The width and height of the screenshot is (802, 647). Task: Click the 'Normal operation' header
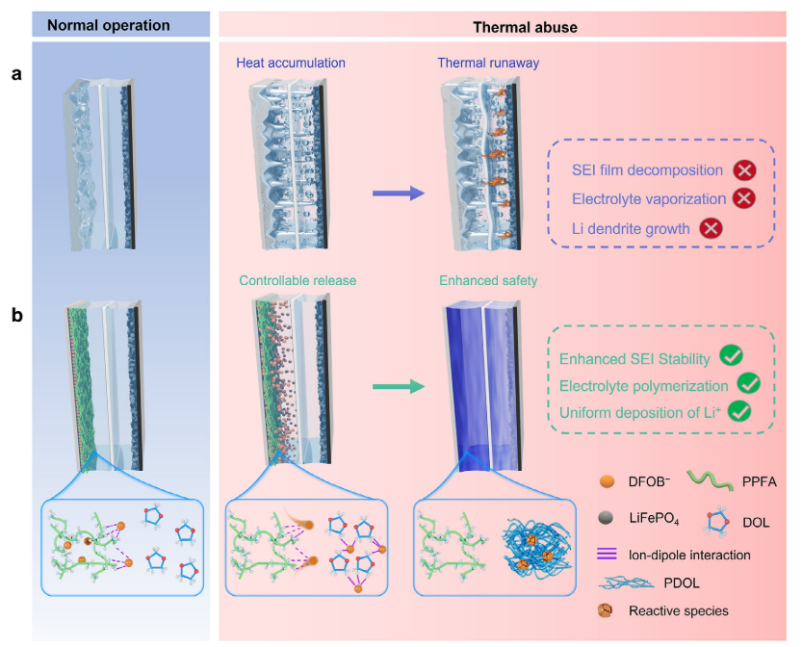pyautogui.click(x=109, y=26)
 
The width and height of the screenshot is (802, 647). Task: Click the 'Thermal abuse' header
pyautogui.click(x=525, y=28)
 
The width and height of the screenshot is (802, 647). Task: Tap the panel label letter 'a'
pyautogui.click(x=17, y=75)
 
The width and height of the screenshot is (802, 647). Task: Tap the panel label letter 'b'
pyautogui.click(x=17, y=315)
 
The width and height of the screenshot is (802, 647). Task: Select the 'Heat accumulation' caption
pyautogui.click(x=291, y=63)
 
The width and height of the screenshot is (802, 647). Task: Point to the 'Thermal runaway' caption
pyautogui.click(x=488, y=63)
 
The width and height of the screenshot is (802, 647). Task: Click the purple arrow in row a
pyautogui.click(x=399, y=194)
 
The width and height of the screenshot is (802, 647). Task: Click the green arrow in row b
pyautogui.click(x=399, y=387)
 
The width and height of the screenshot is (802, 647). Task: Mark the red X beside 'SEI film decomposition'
pyautogui.click(x=744, y=170)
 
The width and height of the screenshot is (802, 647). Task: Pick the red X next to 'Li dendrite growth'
pyautogui.click(x=711, y=228)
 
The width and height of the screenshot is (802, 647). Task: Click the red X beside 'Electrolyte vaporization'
pyautogui.click(x=743, y=198)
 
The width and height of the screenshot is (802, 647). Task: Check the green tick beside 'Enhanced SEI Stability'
pyautogui.click(x=732, y=355)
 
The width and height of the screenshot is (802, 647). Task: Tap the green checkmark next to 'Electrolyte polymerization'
pyautogui.click(x=749, y=383)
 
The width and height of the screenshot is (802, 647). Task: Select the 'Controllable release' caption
pyautogui.click(x=298, y=281)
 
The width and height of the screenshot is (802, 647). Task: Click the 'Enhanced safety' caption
pyautogui.click(x=488, y=281)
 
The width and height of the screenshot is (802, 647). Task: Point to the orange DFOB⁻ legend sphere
pyautogui.click(x=607, y=481)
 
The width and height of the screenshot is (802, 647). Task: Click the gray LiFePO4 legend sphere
pyautogui.click(x=607, y=518)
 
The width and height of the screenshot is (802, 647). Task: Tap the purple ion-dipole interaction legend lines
pyautogui.click(x=608, y=554)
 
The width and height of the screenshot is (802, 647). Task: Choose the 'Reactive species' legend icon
pyautogui.click(x=606, y=610)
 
